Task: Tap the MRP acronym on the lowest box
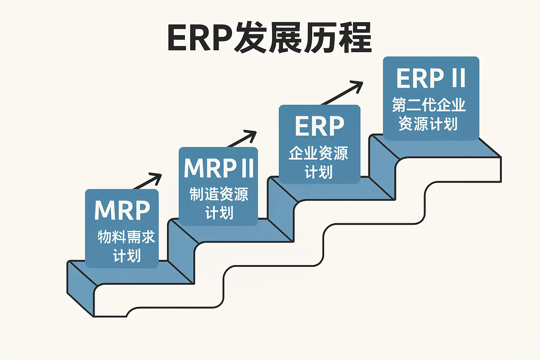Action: [x=122, y=211]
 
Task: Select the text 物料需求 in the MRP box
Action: [x=126, y=237]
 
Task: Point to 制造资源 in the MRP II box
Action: [x=219, y=194]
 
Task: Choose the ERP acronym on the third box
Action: [x=319, y=126]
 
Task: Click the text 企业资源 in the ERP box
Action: [x=319, y=153]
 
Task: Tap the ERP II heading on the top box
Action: [x=431, y=78]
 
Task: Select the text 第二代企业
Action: [x=429, y=105]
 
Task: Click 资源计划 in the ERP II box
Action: [x=428, y=124]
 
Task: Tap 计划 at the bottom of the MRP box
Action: [x=127, y=256]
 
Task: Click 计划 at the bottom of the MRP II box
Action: [x=219, y=213]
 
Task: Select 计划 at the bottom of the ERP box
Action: [x=319, y=172]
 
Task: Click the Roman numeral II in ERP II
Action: [x=458, y=78]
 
